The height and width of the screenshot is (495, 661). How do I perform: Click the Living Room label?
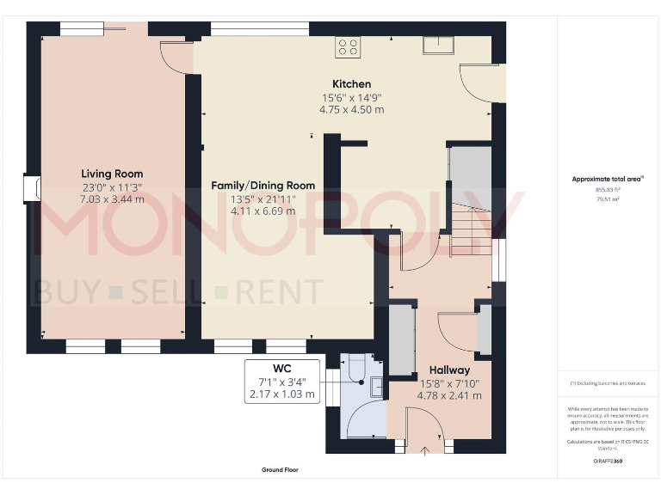(112, 174)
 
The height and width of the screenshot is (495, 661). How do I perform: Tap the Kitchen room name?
(352, 84)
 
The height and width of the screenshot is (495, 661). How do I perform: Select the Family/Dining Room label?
(263, 186)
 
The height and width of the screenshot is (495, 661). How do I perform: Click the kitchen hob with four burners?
(348, 46)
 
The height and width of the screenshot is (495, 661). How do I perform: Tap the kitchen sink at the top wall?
(438, 46)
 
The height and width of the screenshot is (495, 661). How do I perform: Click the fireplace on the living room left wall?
(32, 188)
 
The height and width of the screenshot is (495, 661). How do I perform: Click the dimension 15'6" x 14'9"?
(352, 98)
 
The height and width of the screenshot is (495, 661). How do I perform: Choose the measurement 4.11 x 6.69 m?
(263, 211)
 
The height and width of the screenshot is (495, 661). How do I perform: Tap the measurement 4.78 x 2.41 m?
(448, 396)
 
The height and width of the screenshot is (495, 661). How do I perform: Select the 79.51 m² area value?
(608, 199)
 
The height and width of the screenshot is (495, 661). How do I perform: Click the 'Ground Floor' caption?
(280, 470)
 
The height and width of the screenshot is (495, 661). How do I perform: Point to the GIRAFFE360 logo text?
(608, 461)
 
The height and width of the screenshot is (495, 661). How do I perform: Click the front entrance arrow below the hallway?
(423, 450)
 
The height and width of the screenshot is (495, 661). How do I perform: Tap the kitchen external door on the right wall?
(479, 82)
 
